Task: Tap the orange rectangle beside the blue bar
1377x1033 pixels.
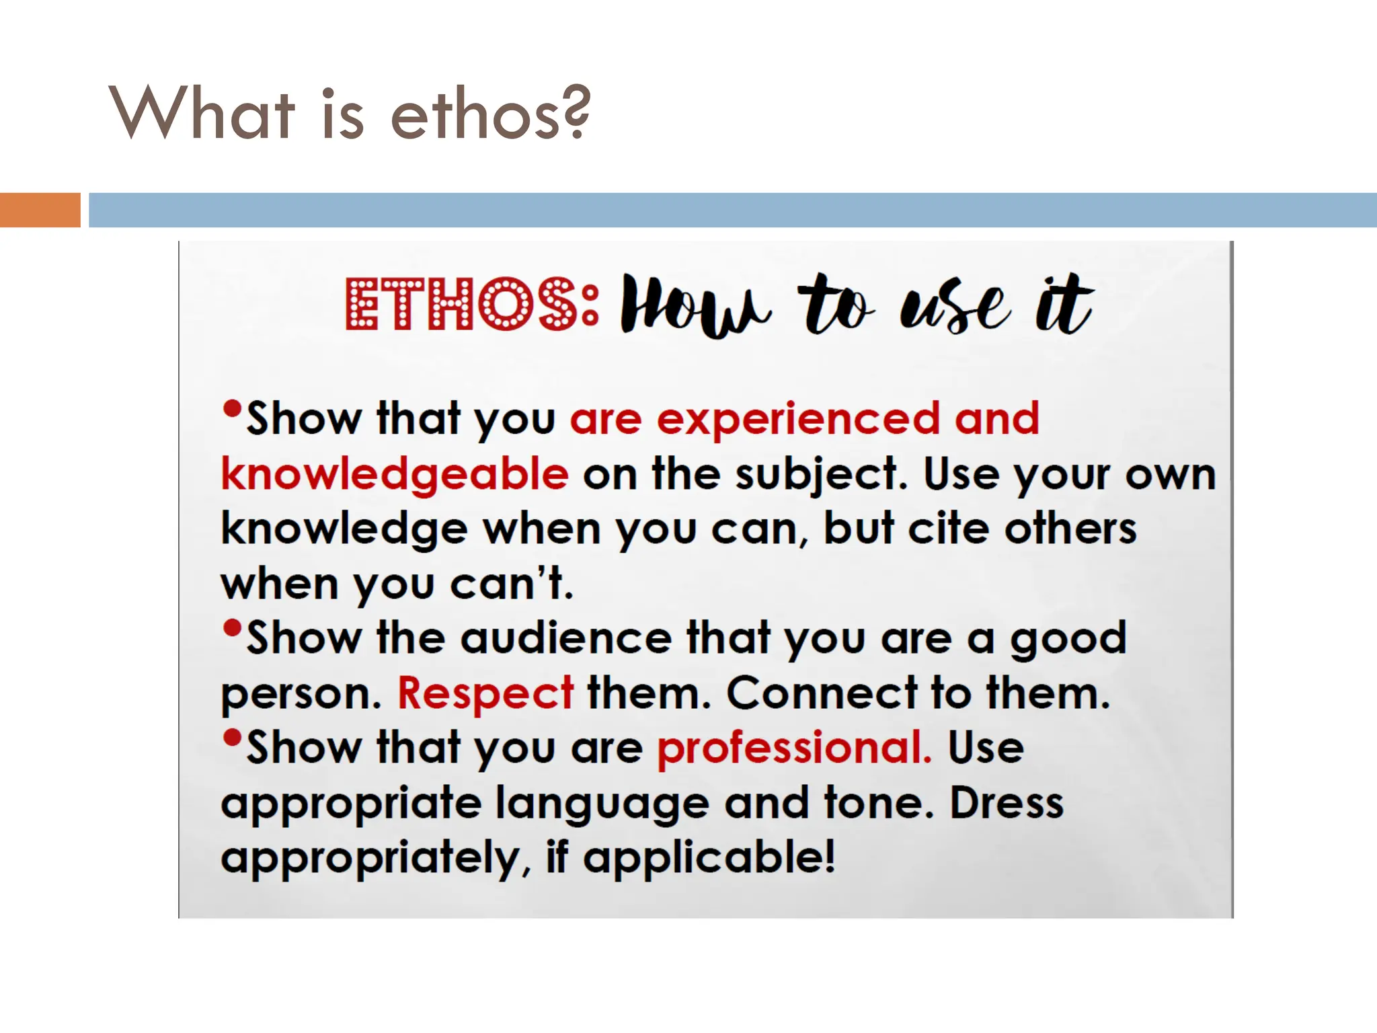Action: point(40,210)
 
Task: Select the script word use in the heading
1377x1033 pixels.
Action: point(954,307)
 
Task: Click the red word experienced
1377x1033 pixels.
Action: point(797,418)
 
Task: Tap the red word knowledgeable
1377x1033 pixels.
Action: point(395,474)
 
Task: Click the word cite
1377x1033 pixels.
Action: point(948,529)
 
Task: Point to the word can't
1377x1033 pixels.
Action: point(512,583)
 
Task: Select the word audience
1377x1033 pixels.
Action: point(566,638)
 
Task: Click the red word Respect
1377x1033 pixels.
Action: point(485,693)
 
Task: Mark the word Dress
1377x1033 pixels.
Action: point(1007,803)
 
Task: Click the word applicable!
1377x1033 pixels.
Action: point(709,857)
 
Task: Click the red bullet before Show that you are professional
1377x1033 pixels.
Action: point(232,738)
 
